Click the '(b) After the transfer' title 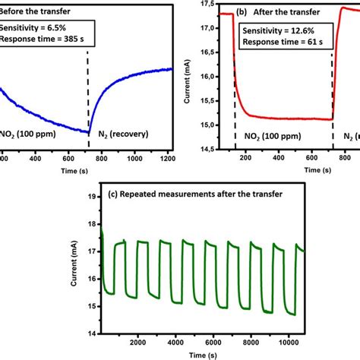click(x=276, y=13)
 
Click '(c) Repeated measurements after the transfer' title click(x=185, y=194)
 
